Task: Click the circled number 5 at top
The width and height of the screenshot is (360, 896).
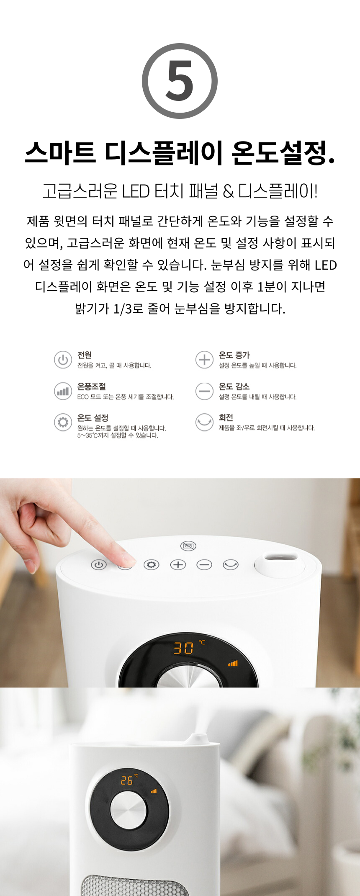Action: pos(180,81)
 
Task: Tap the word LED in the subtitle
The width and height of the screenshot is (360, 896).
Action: pos(136,191)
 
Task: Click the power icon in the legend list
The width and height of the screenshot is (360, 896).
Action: pos(63,360)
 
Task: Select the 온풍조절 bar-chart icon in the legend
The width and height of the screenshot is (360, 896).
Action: pos(63,391)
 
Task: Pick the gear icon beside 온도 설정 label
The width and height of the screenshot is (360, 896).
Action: pos(63,422)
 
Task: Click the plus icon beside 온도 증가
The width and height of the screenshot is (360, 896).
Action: pos(204,360)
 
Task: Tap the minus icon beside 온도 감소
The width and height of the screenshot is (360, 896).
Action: pos(204,391)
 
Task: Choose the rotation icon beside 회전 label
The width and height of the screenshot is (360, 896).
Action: pos(204,422)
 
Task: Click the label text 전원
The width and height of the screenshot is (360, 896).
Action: pos(85,355)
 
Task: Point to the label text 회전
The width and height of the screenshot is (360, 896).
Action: pos(226,417)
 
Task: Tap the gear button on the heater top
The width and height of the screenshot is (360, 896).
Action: pos(151,565)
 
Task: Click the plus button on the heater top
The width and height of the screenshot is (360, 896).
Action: pos(178,565)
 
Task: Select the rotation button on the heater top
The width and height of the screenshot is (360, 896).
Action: pos(231,565)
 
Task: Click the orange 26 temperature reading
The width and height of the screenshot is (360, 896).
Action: pos(127,780)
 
